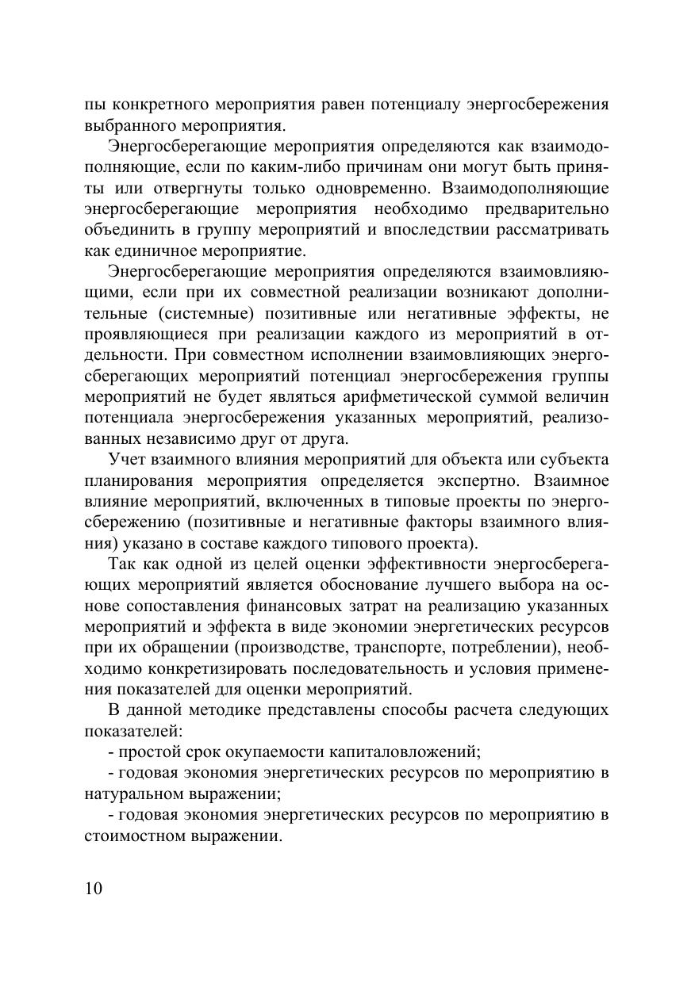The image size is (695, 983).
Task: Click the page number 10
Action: coord(93,888)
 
